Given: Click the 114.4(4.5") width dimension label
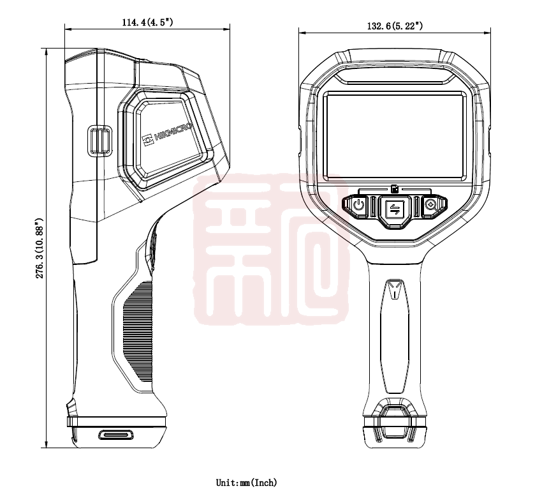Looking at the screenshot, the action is point(147,22).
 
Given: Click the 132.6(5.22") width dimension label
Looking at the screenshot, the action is point(395,26).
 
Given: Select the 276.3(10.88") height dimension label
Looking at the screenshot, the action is point(40,248).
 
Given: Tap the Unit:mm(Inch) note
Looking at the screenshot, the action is point(247,482).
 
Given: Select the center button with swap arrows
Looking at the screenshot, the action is point(395,209).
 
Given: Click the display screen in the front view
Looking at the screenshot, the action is point(395,136).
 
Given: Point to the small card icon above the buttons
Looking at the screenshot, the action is point(395,189).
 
